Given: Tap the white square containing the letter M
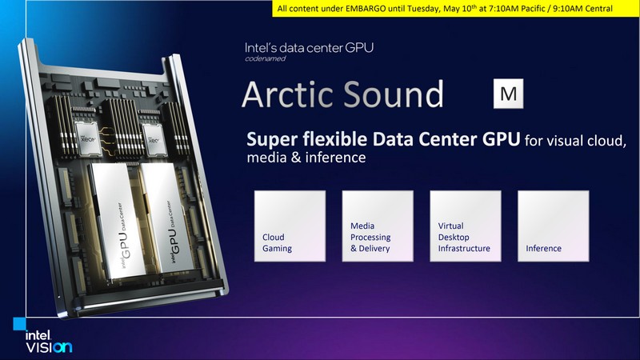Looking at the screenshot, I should pyautogui.click(x=507, y=94).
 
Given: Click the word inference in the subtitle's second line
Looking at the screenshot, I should pyautogui.click(x=334, y=158).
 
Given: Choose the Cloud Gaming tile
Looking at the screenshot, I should pyautogui.click(x=290, y=226).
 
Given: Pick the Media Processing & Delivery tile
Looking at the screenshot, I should pyautogui.click(x=378, y=226).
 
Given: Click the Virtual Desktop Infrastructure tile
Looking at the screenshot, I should pyautogui.click(x=465, y=226).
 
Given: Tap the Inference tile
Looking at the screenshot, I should pyautogui.click(x=553, y=226).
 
